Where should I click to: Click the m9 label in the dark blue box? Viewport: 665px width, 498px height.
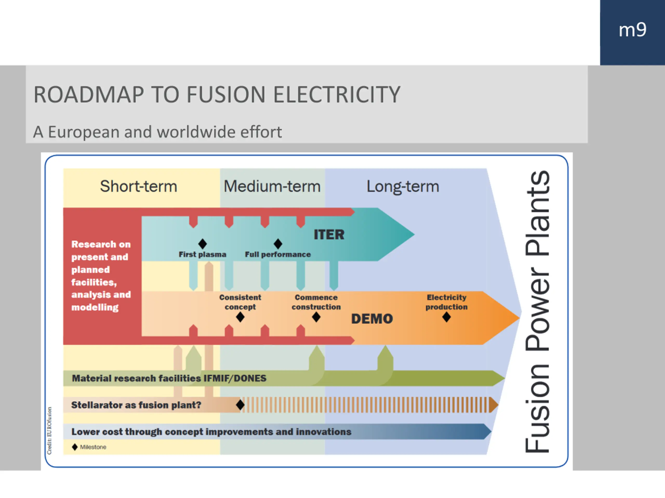pos(632,30)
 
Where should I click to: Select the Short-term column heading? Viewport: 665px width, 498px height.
pos(139,186)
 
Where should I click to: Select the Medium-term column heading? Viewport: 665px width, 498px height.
pos(272,186)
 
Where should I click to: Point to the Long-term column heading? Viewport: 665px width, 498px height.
pos(403,187)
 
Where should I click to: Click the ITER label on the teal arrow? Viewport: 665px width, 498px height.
pos(329,234)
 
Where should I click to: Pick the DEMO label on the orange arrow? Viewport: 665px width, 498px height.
pos(372,319)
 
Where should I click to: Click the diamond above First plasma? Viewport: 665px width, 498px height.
pos(203,244)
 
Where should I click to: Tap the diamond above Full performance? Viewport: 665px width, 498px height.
pos(278,244)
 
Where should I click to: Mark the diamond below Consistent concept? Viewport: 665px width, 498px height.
pos(240,317)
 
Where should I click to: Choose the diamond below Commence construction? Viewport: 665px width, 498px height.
pos(316,317)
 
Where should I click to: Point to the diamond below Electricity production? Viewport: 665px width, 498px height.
pos(447,317)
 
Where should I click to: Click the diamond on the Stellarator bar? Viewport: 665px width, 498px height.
pos(240,405)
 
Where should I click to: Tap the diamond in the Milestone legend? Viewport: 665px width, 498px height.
pos(75,447)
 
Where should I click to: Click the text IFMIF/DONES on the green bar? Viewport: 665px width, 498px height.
pos(235,378)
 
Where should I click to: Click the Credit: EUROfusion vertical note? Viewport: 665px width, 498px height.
pos(49,431)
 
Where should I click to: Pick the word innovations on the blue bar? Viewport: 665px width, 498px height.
pos(323,432)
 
